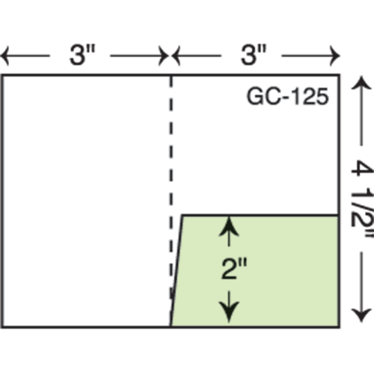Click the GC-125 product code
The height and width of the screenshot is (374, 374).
tap(288, 96)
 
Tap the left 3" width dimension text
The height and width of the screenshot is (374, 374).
tap(82, 55)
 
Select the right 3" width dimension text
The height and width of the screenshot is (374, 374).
tap(253, 55)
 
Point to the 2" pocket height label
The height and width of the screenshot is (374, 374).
tap(234, 268)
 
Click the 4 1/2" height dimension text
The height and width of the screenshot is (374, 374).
tap(362, 199)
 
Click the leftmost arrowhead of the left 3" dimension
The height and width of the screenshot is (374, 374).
tap(5, 56)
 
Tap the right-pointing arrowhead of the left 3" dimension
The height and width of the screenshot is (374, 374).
tap(164, 56)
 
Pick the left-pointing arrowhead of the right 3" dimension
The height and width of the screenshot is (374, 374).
tap(175, 56)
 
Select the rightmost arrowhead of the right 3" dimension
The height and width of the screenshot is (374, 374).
tap(335, 56)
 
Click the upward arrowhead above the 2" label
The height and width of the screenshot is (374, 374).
tap(229, 226)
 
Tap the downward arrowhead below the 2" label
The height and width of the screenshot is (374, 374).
tap(229, 312)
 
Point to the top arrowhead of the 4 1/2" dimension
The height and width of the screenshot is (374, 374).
tap(362, 82)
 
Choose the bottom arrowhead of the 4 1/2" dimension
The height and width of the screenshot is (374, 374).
tap(362, 316)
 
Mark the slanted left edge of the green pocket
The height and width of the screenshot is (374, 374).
tap(177, 271)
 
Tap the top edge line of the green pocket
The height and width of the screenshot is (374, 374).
tap(260, 216)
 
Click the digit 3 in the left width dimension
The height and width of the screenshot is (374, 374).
tap(77, 55)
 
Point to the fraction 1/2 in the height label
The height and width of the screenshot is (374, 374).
tap(362, 207)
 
